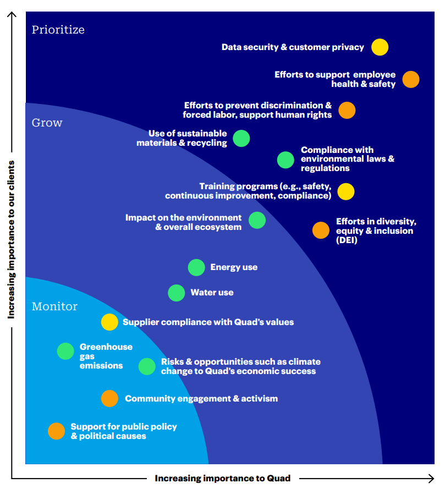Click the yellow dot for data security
pos(380,47)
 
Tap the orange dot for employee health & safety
pos(410,79)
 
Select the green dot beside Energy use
pos(196,267)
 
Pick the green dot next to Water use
pos(177,293)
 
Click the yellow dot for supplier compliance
pos(109,322)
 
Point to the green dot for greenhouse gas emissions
pos(65,351)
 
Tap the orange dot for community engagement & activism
pos(109,398)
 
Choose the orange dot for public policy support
pos(56,431)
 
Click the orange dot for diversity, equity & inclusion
pos(321,230)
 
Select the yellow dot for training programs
pos(345,191)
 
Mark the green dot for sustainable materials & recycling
pos(241,138)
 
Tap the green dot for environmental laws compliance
pos(285,160)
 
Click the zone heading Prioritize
pos(58,30)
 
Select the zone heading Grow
pos(47,123)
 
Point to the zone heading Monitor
pos(54,306)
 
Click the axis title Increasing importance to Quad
pos(222,478)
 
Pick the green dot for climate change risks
pos(147,366)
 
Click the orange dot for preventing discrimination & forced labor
pos(347,110)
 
